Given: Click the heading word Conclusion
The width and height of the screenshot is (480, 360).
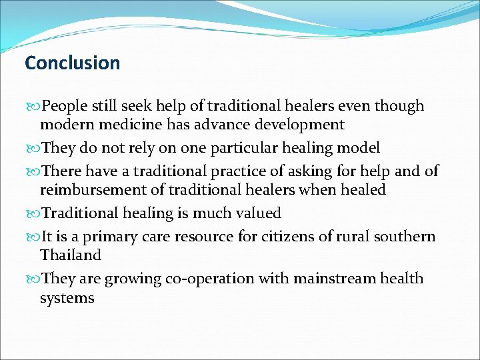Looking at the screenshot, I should pyautogui.click(x=72, y=63).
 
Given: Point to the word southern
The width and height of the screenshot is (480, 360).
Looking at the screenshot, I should pyautogui.click(x=405, y=237).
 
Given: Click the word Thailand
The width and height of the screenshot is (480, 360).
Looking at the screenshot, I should pyautogui.click(x=71, y=255).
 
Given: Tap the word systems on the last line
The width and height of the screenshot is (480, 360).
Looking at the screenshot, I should pyautogui.click(x=67, y=297).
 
